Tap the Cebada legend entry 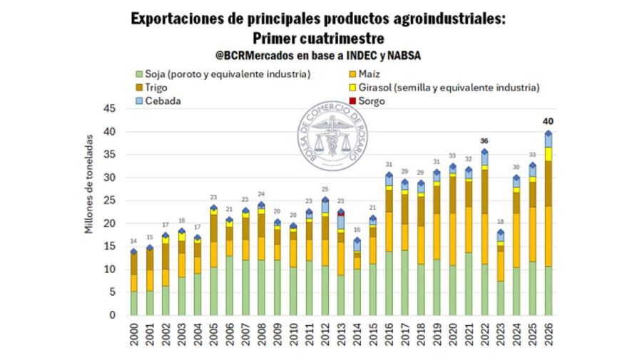click(x=158, y=101)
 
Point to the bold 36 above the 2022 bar click(x=484, y=140)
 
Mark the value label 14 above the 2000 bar click(x=133, y=242)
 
